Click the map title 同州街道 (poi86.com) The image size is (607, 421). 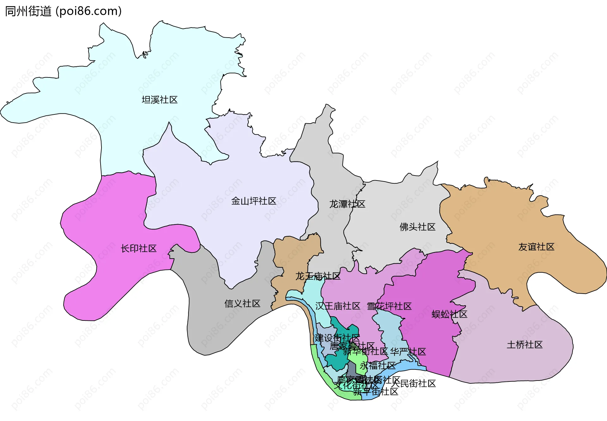pos(63,11)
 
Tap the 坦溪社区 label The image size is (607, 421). pos(160,100)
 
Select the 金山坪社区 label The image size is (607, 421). pos(254,201)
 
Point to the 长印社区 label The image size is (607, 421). pos(139,248)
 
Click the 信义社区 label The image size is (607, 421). pos(242,304)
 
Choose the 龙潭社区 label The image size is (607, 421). pos(347,204)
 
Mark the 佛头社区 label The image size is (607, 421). pos(417,227)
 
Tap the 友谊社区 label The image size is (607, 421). pos(536,247)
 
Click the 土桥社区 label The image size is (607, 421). pos(524,345)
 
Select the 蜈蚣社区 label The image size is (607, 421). pos(449,314)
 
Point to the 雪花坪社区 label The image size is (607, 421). pos(389,306)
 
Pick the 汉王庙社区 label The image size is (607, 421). pos(338,306)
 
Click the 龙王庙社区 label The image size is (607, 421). pos(318,276)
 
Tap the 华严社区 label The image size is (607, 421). pos(408,351)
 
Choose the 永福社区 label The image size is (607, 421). pos(377,366)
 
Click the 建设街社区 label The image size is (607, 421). pos(337,338)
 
